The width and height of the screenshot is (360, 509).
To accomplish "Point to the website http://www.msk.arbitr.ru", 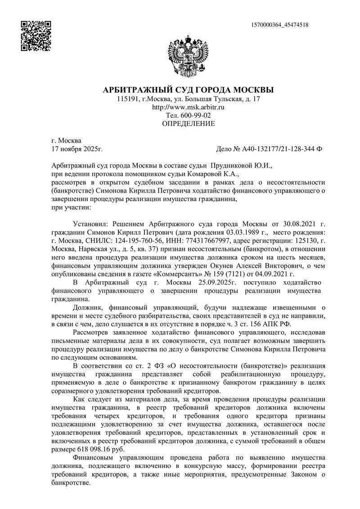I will click(x=189, y=108).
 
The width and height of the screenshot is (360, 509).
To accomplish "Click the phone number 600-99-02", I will click(x=194, y=116).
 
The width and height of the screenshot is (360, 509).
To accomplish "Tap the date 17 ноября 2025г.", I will click(x=77, y=148).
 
